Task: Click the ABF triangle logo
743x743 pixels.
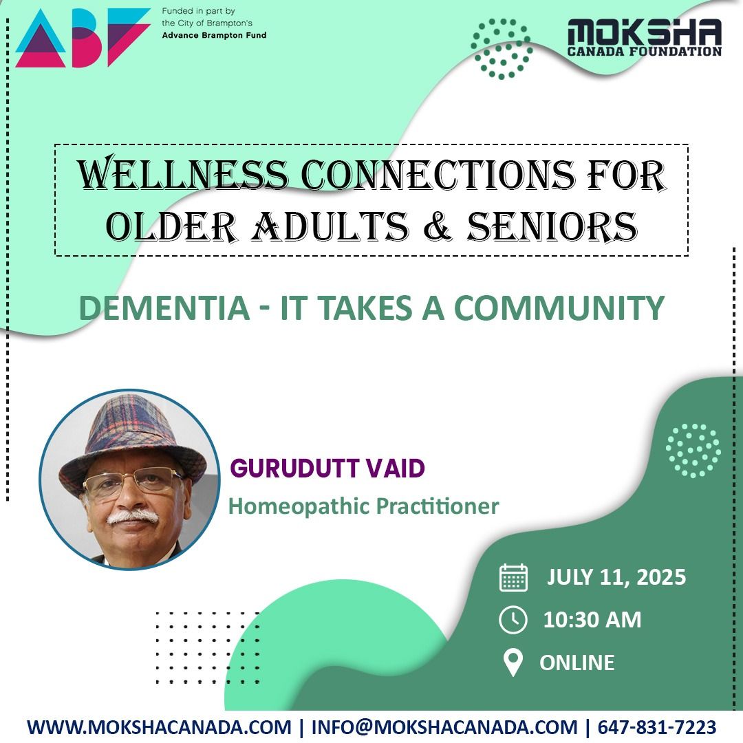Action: click(81, 38)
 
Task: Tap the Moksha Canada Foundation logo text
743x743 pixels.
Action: click(644, 38)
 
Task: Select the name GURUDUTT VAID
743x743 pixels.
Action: click(327, 469)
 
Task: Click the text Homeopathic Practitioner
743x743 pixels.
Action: click(363, 507)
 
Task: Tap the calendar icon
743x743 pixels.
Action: click(513, 578)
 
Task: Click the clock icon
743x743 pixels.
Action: click(513, 620)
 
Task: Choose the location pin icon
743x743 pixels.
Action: click(513, 663)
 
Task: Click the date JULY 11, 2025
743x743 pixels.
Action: click(616, 577)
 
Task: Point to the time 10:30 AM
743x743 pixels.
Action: click(592, 620)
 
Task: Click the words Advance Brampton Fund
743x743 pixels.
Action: click(214, 35)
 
